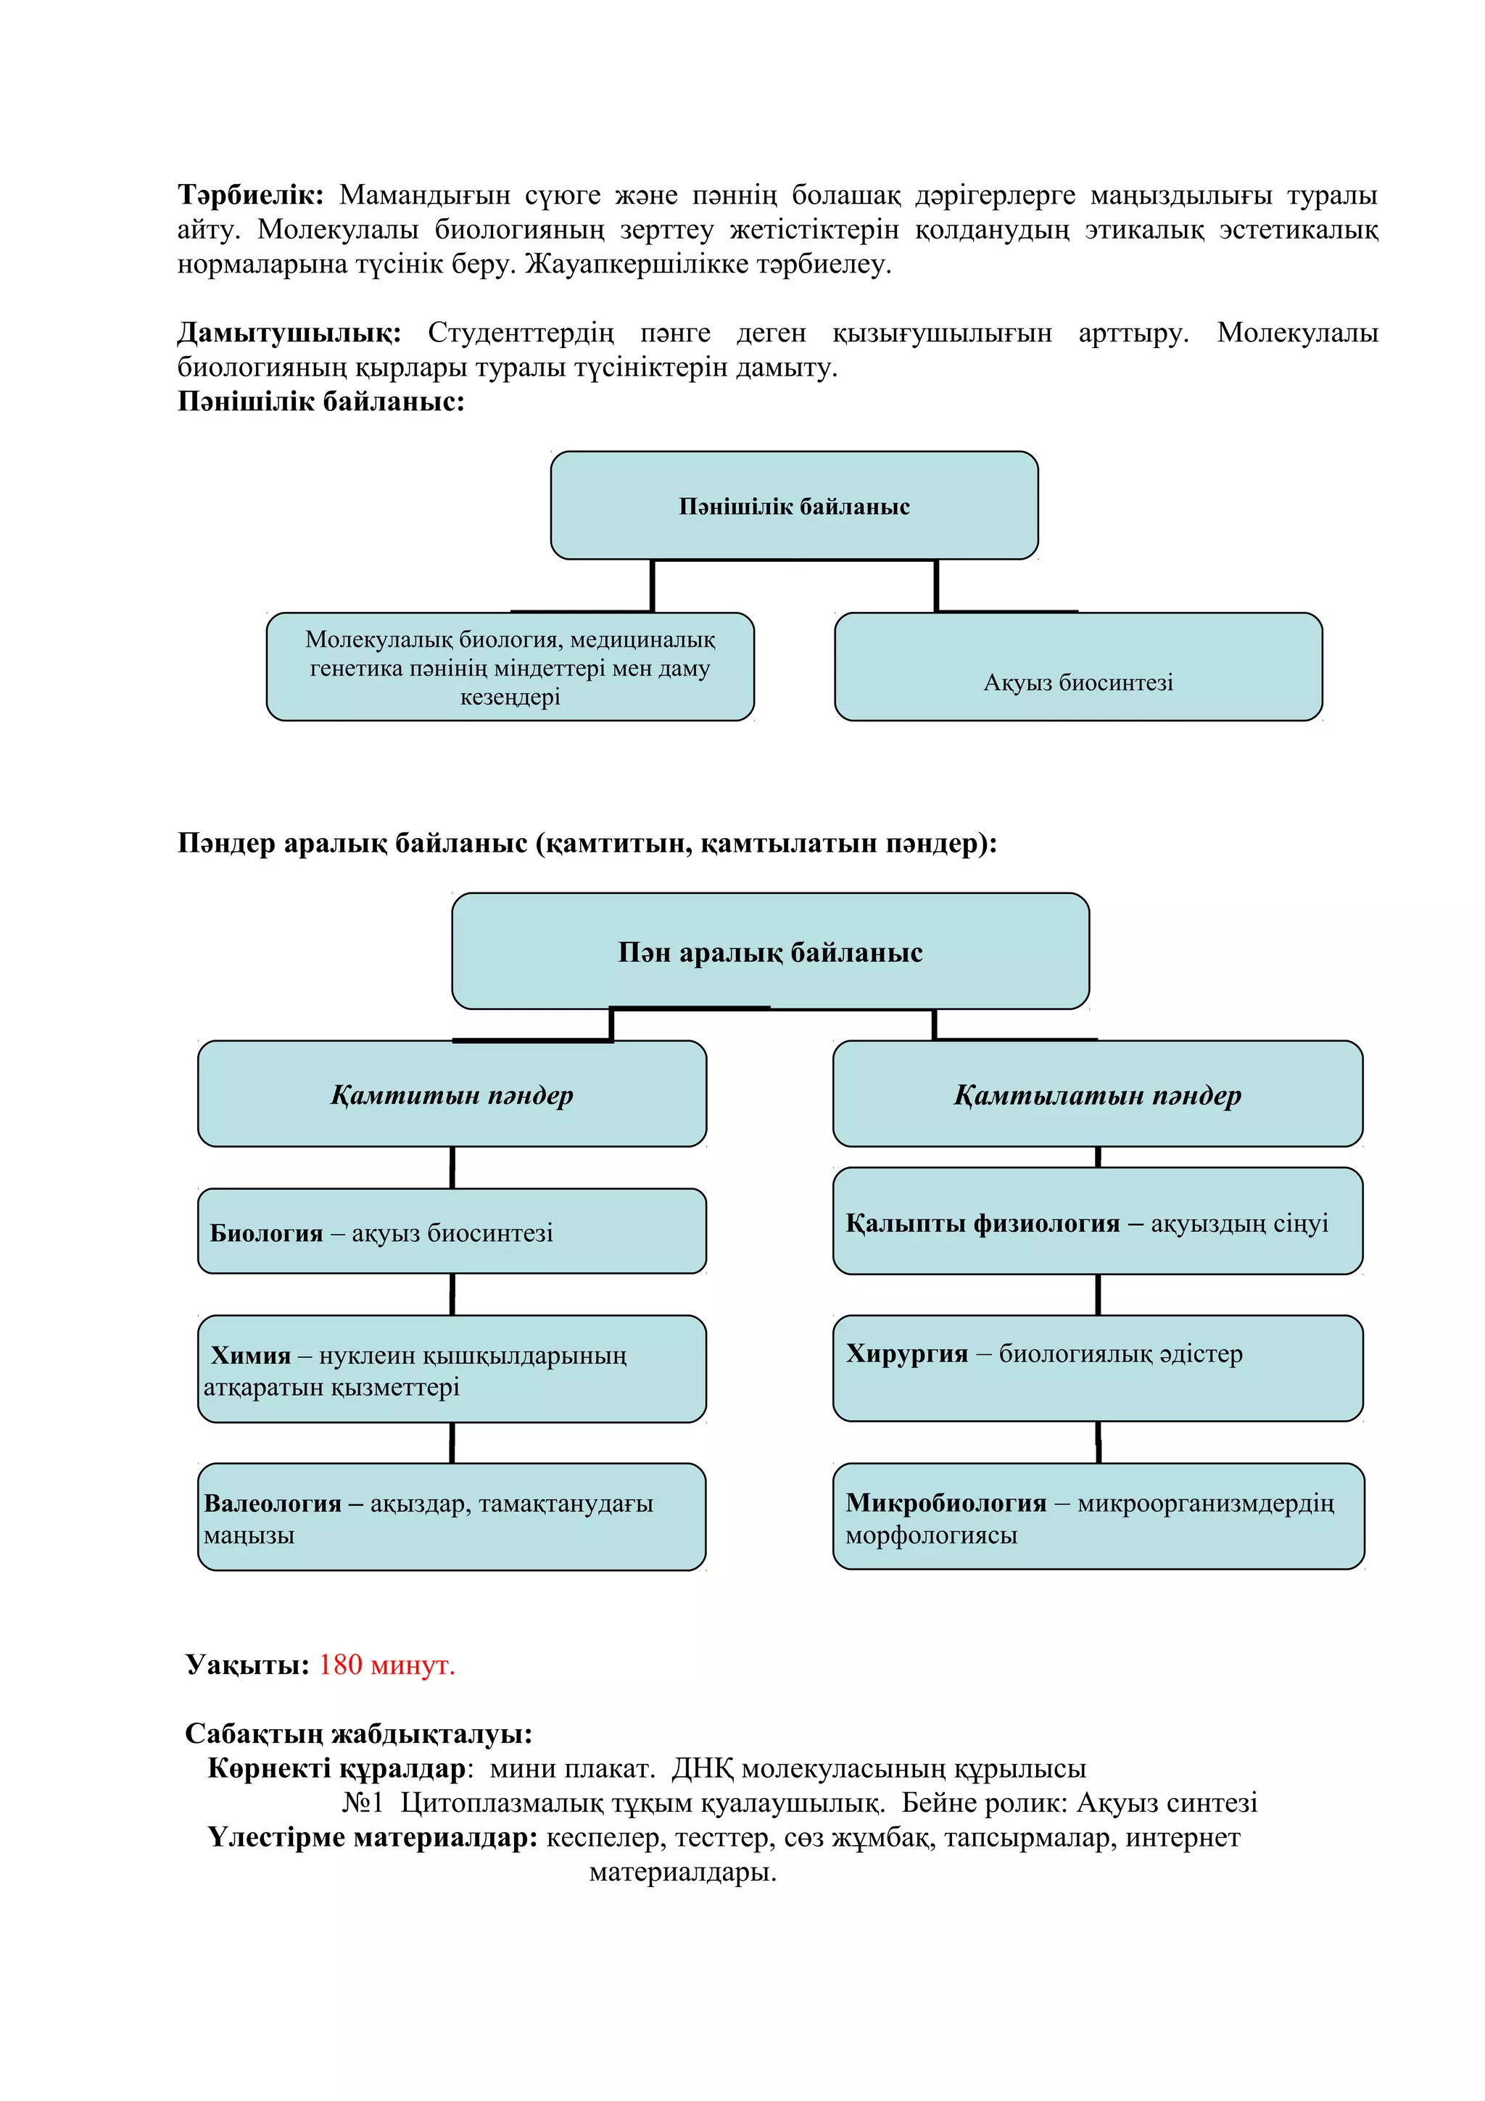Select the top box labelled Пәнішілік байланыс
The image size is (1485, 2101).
tap(793, 506)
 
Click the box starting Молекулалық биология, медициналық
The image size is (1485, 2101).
tap(510, 668)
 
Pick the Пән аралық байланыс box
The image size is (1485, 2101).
tap(769, 952)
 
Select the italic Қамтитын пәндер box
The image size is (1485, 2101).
tap(452, 1095)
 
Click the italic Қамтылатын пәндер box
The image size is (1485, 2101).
tap(1097, 1095)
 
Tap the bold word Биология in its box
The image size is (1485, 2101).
tap(266, 1233)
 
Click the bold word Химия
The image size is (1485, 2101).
tap(251, 1355)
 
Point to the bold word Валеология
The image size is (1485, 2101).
tap(273, 1504)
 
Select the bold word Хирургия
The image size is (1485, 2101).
tap(907, 1354)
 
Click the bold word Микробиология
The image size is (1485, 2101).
tap(946, 1503)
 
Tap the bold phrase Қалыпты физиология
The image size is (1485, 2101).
tap(983, 1224)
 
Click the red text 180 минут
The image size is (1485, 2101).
tap(386, 1665)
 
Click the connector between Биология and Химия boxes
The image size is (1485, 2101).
tap(452, 1295)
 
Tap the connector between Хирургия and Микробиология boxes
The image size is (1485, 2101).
tap(1098, 1442)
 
